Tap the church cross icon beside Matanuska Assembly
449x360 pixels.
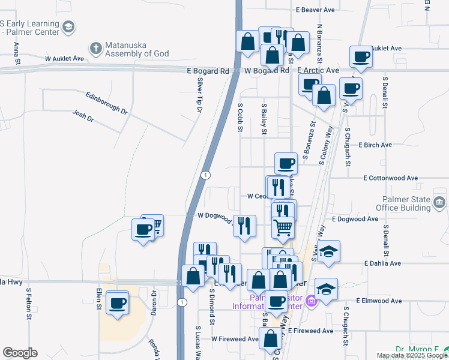[x=95, y=47]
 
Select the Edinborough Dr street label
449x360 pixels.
[x=107, y=103]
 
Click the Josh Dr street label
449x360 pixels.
[x=83, y=116]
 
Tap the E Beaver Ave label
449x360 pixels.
[x=315, y=10]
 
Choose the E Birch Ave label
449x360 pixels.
[x=375, y=145]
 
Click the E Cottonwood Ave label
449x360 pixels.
[x=390, y=178]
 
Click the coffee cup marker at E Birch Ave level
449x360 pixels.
[x=286, y=163]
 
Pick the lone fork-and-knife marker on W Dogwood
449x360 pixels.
[x=244, y=226]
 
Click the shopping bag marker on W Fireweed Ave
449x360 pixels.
[x=270, y=338]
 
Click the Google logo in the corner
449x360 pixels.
[x=19, y=353]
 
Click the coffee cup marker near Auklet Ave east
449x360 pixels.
[x=361, y=57]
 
